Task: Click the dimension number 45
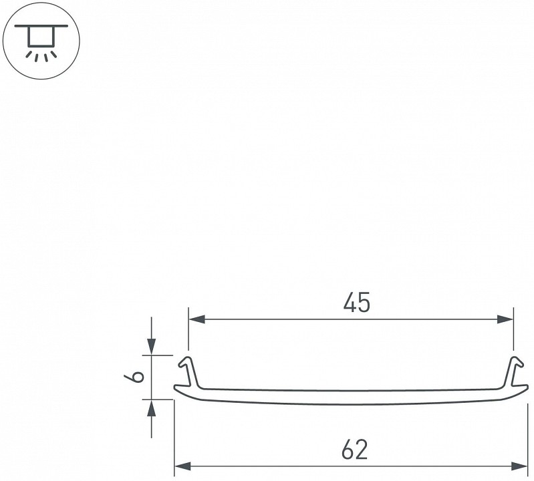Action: click(357, 302)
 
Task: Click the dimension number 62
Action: click(354, 450)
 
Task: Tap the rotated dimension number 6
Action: click(134, 377)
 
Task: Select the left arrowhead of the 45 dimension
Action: click(197, 319)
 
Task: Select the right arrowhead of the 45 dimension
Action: click(505, 319)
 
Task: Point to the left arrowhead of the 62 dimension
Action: click(182, 466)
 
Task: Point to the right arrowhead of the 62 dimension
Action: click(519, 466)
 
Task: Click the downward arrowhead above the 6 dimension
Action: click(152, 347)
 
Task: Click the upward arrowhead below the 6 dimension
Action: click(152, 408)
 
